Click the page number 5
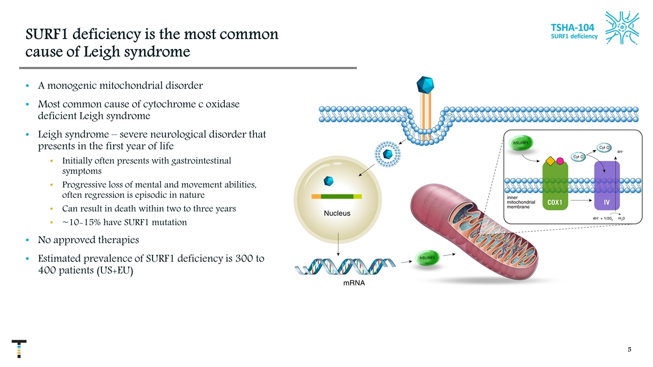click(630, 350)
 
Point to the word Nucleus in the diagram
click(337, 213)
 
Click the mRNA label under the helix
click(353, 283)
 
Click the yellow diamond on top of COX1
click(549, 161)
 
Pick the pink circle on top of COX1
click(560, 161)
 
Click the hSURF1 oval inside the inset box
click(520, 143)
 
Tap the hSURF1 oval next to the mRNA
click(427, 258)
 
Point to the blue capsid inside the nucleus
click(329, 180)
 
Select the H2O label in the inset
click(622, 218)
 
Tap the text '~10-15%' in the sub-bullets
click(78, 222)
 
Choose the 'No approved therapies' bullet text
click(88, 239)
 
